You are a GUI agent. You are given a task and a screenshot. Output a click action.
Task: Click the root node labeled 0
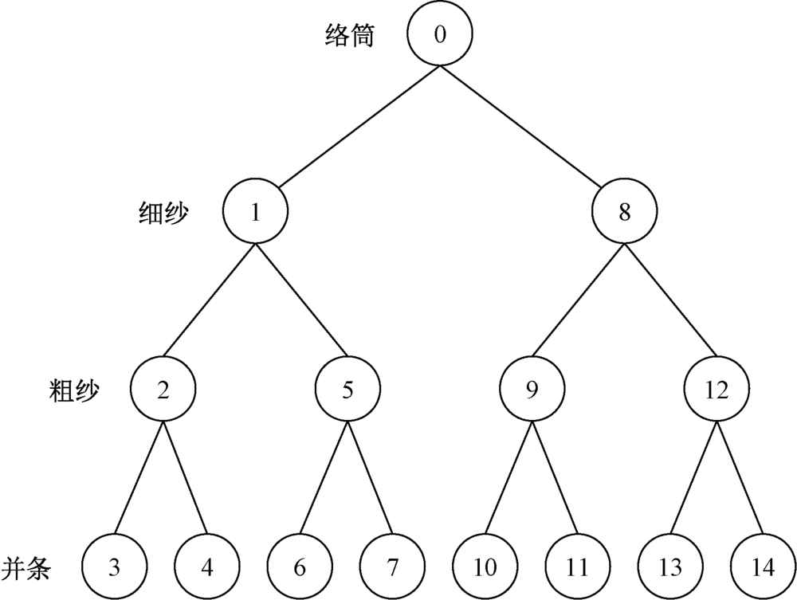tap(438, 35)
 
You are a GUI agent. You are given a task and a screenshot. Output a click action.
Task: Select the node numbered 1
tap(255, 212)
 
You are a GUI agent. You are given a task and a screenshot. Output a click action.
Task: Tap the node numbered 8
tap(624, 212)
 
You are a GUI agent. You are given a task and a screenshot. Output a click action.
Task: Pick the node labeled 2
tap(163, 390)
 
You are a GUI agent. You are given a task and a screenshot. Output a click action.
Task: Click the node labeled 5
tap(347, 390)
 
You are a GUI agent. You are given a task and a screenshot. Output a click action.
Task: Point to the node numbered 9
tap(532, 390)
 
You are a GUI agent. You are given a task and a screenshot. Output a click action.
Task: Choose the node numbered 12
tap(716, 390)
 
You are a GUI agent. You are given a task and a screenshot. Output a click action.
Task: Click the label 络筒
tap(350, 37)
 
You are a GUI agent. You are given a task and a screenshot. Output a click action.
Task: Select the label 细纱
tap(165, 213)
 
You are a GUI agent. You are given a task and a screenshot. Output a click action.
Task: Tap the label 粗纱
tap(73, 390)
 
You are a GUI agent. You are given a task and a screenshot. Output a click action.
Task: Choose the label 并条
tap(27, 567)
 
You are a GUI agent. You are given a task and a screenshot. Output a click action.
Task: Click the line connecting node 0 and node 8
tap(531, 124)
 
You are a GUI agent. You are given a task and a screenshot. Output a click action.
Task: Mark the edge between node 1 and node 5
tap(301, 301)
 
